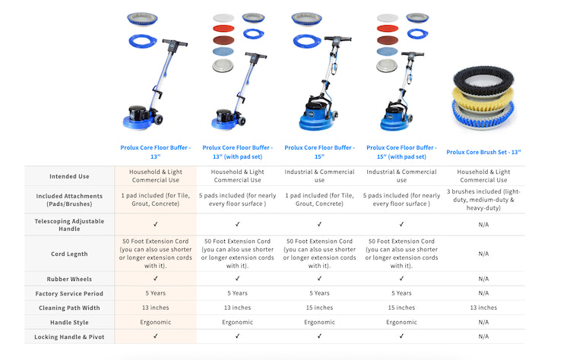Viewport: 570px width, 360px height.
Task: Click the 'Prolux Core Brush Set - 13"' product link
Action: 483,152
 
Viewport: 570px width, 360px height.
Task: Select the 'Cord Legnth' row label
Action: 69,254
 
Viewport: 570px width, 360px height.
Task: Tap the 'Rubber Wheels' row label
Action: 69,279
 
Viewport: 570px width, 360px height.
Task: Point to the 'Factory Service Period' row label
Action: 69,293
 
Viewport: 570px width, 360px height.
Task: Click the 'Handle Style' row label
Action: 69,323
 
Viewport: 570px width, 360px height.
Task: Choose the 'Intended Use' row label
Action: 69,176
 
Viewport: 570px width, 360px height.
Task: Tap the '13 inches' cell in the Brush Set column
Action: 483,308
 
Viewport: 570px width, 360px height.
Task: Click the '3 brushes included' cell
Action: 483,200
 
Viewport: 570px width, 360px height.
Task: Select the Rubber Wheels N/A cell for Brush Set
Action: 483,279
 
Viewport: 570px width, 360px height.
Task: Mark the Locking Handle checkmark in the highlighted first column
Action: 156,336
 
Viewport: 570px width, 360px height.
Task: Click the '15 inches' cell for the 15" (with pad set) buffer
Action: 401,308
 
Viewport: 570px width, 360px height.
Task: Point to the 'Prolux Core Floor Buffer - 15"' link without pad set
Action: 319,152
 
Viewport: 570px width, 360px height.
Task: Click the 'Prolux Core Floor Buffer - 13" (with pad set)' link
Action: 237,152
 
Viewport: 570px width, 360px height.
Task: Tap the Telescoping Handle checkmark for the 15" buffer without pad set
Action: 319,225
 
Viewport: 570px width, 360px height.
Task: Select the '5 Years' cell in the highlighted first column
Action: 156,293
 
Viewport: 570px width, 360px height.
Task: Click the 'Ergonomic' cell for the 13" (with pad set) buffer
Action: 237,322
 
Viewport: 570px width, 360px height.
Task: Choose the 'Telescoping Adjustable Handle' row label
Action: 69,225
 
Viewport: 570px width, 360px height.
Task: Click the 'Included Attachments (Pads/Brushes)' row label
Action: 69,200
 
